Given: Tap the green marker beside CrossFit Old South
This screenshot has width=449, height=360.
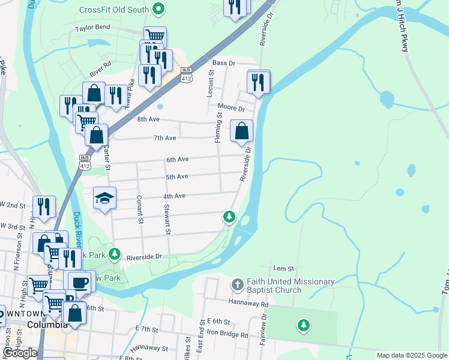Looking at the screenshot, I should coord(158,9).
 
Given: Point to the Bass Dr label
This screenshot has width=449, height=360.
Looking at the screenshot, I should coord(223,62).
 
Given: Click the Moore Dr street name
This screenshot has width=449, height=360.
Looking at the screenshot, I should coord(231,109).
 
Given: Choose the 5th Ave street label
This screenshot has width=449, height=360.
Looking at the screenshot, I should coord(177,176).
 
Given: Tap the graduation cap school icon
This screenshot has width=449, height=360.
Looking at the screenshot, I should coord(104,199).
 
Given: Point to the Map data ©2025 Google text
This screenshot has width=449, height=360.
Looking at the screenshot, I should coord(411,355).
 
